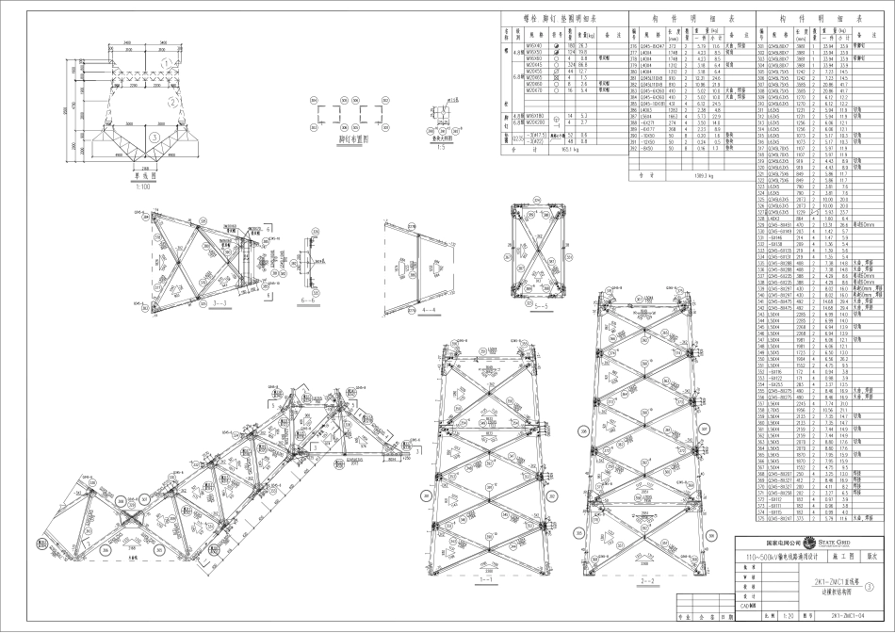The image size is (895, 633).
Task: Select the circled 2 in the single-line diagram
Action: click(171, 103)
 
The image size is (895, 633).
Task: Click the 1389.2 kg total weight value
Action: click(675, 174)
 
